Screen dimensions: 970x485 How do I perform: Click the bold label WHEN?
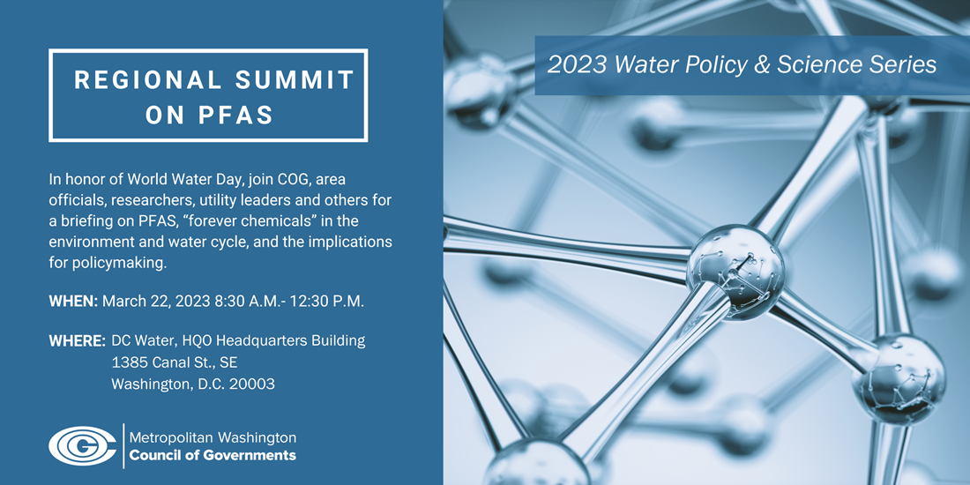(73, 302)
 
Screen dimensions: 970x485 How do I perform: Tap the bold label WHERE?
(78, 341)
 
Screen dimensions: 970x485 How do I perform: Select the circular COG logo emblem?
(82, 445)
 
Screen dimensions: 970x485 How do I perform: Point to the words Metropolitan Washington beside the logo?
(213, 438)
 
